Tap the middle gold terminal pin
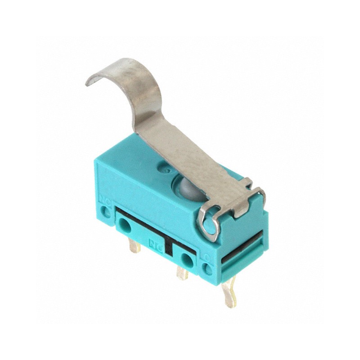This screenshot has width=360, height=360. (182, 273)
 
